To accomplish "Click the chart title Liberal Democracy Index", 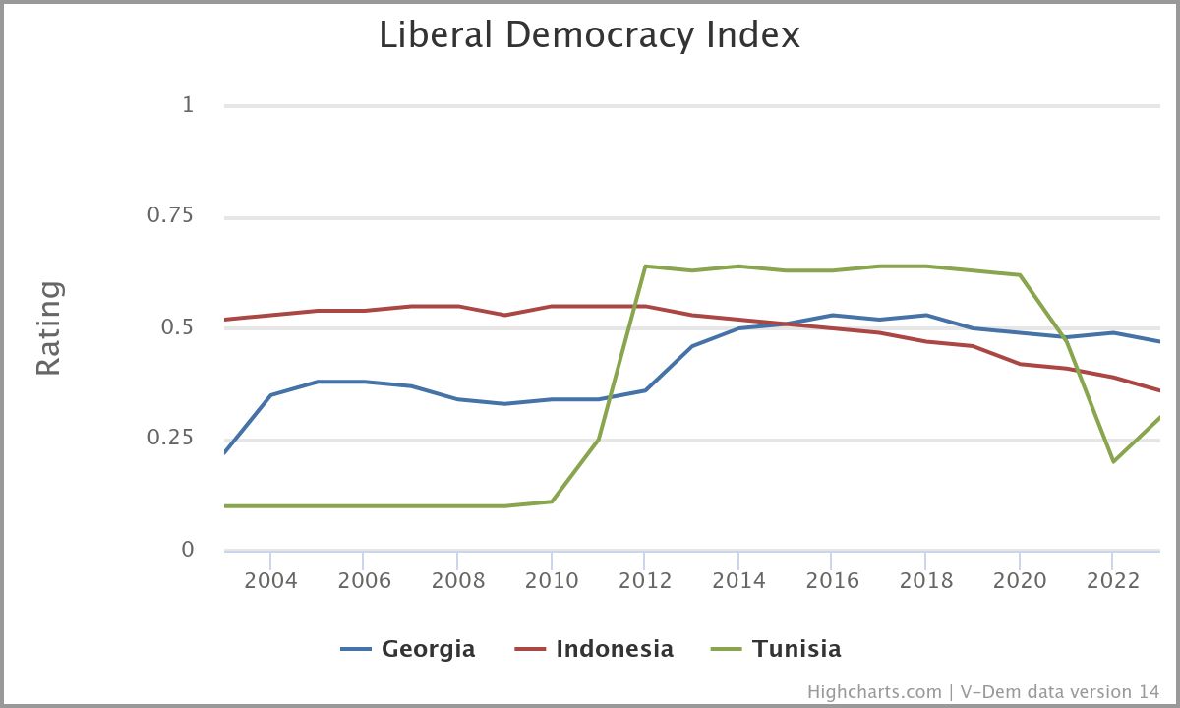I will pos(589,35).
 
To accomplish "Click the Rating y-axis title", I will pos(49,327).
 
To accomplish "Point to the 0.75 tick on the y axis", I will pos(170,215).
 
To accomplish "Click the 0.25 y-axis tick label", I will pos(170,438).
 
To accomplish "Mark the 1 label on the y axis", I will pos(188,104).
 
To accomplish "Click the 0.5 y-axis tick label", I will pos(177,326).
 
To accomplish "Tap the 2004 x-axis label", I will pos(270,580).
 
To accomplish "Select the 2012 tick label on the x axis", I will pos(645,580).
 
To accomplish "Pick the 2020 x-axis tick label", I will pos(1019,580).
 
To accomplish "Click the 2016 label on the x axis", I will pos(832,580).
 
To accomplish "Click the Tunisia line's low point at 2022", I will pos(1112,461).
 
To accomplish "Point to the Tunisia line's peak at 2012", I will pos(645,266).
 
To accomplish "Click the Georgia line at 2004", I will pos(270,395).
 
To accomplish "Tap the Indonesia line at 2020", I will pos(1019,364).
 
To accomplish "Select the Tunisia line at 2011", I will pos(598,440).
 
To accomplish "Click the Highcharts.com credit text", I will pos(874,692).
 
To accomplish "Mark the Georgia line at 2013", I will pos(691,346).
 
